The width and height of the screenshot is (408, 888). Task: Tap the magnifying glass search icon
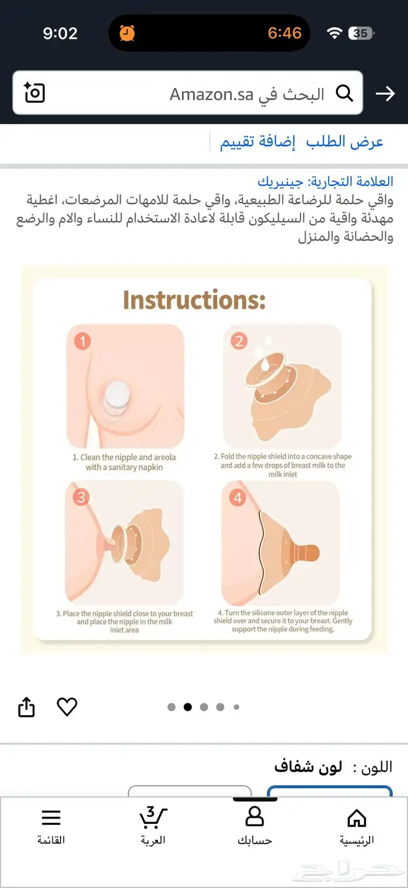[344, 93]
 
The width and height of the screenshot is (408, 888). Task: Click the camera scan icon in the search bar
[34, 92]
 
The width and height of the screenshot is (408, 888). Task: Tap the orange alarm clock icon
[127, 33]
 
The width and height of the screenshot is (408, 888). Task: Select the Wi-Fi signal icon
[335, 33]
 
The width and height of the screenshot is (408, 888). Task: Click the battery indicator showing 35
[361, 33]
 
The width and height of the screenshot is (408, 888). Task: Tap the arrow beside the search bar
[385, 93]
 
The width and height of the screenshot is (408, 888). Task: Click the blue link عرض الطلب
[344, 142]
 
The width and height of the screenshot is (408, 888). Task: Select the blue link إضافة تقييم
[258, 142]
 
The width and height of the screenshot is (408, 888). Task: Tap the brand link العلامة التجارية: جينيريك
[325, 181]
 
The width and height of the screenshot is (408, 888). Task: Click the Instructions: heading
[194, 300]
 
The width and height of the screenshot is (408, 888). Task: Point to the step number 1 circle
[82, 341]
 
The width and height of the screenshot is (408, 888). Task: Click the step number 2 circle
[239, 341]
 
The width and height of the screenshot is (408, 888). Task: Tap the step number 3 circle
[81, 497]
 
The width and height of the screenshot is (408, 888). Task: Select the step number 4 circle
[238, 497]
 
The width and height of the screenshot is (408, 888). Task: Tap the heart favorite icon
[67, 707]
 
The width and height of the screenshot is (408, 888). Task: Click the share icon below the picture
[27, 707]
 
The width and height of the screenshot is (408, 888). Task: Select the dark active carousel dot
[188, 707]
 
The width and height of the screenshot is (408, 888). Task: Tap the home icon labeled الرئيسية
[357, 817]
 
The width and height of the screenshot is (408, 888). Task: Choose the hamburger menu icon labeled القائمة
[51, 818]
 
